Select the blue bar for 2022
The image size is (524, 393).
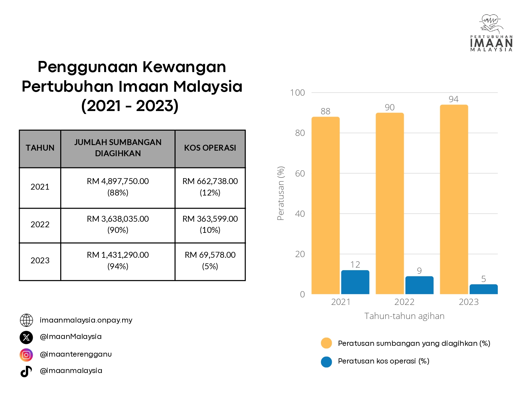pos(419,285)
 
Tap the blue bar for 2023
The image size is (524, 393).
pos(483,289)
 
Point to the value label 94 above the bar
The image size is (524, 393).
pos(454,99)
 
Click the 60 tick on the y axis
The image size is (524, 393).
pos(300,174)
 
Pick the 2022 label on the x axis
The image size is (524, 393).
pos(404,302)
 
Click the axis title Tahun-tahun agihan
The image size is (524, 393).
pos(404,316)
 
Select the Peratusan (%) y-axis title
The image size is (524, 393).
pos(281,193)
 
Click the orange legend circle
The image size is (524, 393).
pos(327,343)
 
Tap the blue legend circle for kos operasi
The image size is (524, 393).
pos(327,362)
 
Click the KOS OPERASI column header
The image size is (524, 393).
pos(210,148)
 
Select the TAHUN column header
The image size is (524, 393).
pos(40,148)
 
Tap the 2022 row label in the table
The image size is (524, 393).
pos(40,225)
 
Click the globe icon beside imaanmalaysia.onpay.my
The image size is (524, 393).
pos(27,320)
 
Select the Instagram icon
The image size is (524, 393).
pos(27,355)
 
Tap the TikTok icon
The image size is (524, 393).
pos(27,371)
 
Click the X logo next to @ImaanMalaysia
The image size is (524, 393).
pos(27,337)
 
